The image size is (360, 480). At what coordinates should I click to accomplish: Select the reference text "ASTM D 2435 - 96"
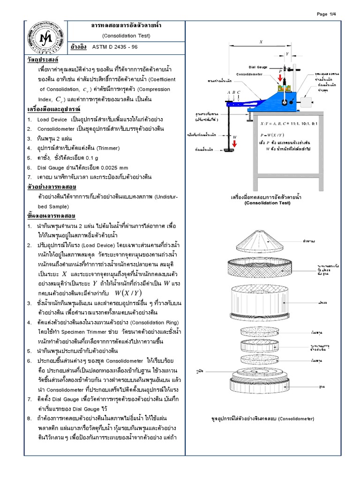point(115,47)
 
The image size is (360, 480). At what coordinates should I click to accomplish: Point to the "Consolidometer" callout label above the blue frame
point(252,74)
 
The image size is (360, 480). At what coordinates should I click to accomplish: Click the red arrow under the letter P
point(280,78)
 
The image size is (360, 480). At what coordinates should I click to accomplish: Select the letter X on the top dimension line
point(261,42)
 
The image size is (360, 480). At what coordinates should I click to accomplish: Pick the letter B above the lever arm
point(233,92)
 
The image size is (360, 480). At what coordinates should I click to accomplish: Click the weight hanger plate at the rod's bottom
point(229,150)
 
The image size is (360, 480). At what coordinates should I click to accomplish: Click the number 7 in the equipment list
point(29,177)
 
